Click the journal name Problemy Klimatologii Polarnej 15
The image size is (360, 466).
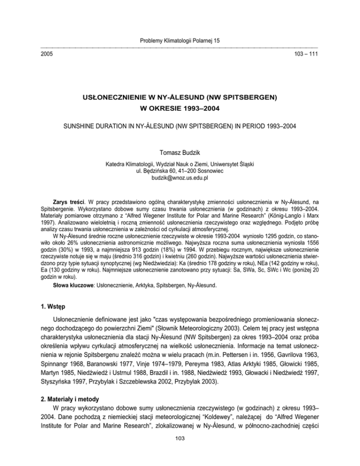click(x=180, y=41)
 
